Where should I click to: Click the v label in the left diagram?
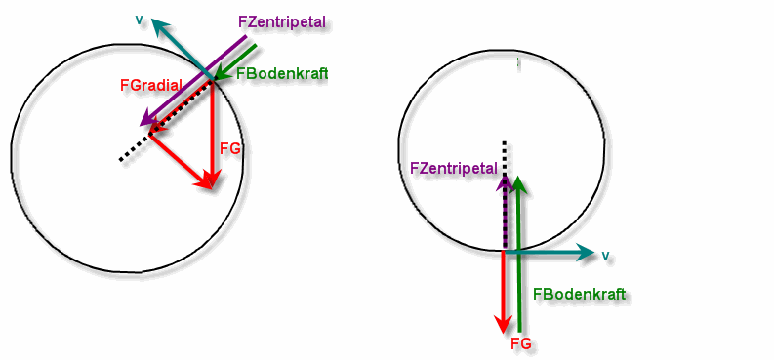(x=140, y=20)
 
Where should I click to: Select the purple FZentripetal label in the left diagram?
(x=282, y=22)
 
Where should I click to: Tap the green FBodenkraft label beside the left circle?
(x=282, y=73)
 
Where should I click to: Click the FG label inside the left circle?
(x=230, y=148)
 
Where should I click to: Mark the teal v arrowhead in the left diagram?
(x=159, y=25)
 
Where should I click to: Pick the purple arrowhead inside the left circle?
(x=148, y=118)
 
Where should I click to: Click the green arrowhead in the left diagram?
(x=222, y=74)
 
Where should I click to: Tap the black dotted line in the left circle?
(x=166, y=119)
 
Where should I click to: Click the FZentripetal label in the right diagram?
(x=454, y=168)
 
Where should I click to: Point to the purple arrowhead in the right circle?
(x=505, y=183)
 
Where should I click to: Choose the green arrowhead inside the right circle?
(x=518, y=183)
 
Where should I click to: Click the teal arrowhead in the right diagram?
(x=586, y=253)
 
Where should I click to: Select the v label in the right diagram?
(x=605, y=255)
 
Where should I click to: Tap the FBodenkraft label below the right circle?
(x=580, y=295)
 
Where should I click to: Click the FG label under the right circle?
(x=521, y=343)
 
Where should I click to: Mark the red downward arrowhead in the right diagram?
(x=503, y=324)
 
